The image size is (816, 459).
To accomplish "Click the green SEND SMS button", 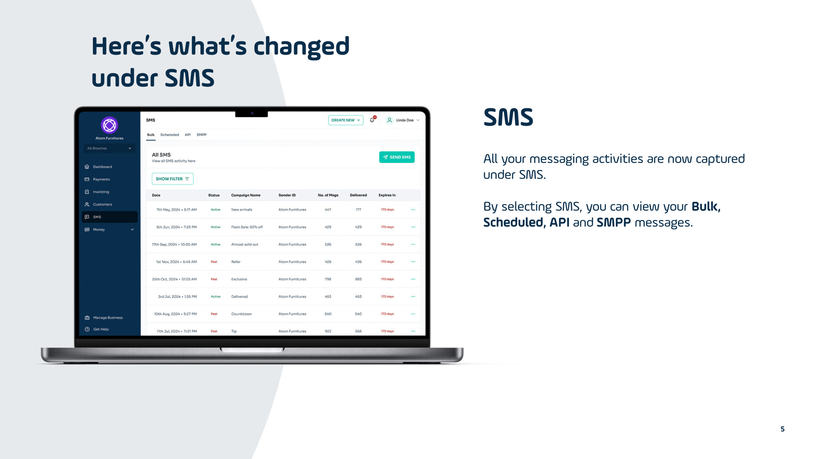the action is coord(397,157).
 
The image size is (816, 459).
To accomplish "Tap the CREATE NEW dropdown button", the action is coord(345,120).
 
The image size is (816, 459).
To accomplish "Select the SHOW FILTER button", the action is coord(172,179).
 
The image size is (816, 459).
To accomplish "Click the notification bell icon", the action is coord(372,120).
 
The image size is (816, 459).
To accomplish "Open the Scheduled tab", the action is coord(170,135).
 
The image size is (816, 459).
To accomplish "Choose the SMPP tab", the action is coord(202,135).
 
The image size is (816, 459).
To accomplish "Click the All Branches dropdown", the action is coord(109,148).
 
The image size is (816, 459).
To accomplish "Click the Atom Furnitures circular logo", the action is coord(109,125).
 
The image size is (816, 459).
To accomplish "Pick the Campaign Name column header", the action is coord(246,195).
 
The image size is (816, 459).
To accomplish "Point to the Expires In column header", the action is coord(387,195).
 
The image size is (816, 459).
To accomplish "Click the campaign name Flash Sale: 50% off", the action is coord(247,227).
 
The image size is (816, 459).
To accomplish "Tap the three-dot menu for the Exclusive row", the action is coord(413,279).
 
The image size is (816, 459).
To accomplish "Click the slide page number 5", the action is coord(782,429).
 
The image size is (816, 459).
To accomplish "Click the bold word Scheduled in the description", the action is coord(513,223).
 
